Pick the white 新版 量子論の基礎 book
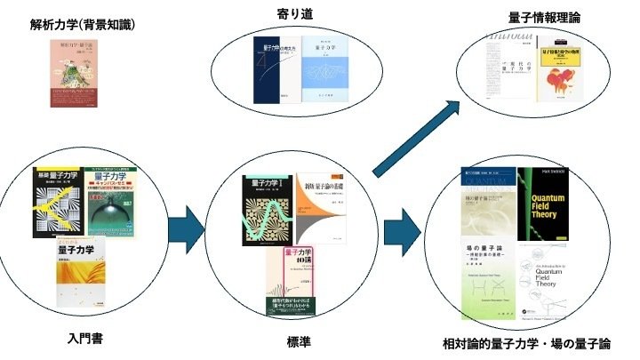(x=321, y=204)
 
